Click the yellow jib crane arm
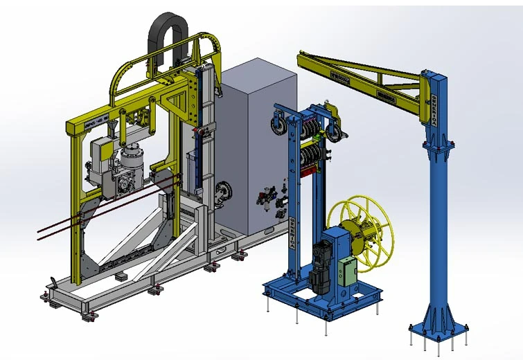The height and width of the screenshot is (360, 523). [360, 73]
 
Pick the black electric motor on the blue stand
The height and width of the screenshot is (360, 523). [320, 264]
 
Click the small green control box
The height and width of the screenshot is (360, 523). [346, 269]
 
